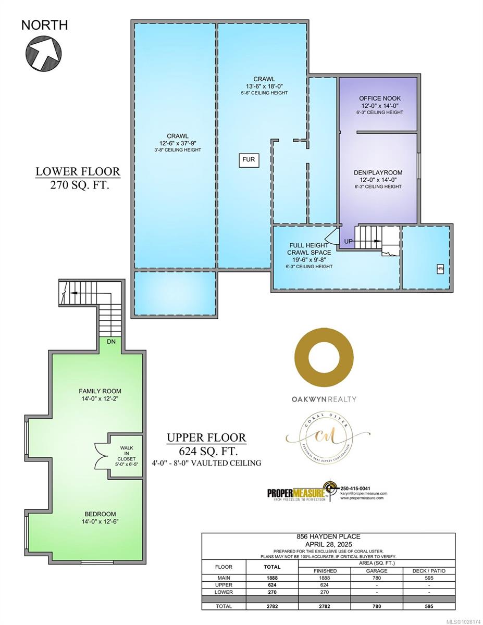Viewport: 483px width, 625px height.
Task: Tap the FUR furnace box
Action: [x=249, y=159]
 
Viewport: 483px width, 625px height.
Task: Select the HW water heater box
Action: [x=440, y=269]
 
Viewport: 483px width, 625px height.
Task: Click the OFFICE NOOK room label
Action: [x=380, y=98]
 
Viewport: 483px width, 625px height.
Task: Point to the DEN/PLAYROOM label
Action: [x=380, y=172]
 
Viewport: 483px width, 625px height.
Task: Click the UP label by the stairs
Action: [x=349, y=242]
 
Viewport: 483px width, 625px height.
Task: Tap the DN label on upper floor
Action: [x=111, y=342]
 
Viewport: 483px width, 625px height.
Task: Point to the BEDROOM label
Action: [x=97, y=514]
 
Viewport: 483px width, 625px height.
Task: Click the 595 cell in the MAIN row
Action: [x=429, y=578]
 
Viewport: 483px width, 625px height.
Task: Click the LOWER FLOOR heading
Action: [x=78, y=171]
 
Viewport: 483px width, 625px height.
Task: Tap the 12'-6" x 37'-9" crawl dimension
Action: [x=175, y=143]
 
